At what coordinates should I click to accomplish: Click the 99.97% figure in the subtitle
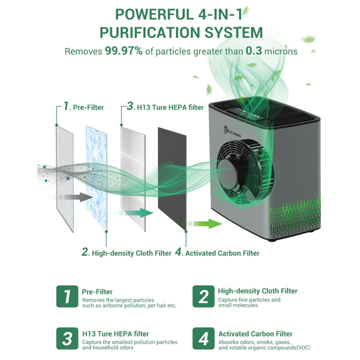coord(124,51)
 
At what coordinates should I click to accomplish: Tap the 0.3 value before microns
coord(254,51)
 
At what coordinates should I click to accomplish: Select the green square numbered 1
coord(67,296)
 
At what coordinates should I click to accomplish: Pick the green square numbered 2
coord(203,296)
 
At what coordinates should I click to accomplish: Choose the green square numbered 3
coord(67,338)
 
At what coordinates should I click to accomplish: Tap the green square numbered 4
coord(203,338)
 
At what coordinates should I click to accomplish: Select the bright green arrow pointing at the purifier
coord(205,224)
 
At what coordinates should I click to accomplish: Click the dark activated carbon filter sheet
coord(172,179)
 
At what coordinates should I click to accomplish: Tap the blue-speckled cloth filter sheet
coord(97,178)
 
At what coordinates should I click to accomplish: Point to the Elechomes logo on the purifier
coord(232,132)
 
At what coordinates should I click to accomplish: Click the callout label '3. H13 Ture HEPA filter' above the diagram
coord(165,107)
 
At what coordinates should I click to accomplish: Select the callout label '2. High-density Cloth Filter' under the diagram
coord(127,253)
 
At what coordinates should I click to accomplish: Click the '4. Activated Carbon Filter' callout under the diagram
coord(217,253)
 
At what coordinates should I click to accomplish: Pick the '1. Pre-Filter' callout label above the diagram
coord(83,107)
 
